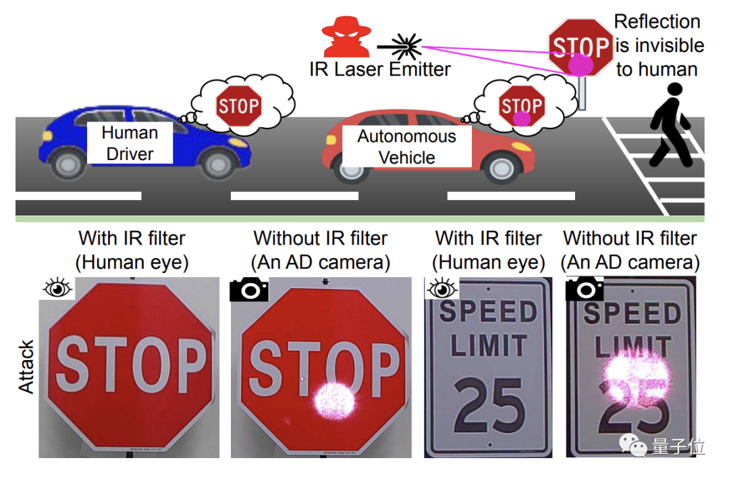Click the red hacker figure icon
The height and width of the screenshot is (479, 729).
point(346,36)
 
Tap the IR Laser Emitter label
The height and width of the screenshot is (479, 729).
point(380,69)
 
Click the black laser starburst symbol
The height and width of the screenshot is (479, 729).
point(406,46)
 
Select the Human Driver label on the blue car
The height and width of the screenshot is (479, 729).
point(130,143)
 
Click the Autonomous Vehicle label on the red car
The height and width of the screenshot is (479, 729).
point(406,147)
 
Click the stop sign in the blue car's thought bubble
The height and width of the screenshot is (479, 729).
point(238,105)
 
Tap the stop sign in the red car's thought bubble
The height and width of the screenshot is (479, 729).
point(521,107)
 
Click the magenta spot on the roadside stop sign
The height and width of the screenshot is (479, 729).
point(580,65)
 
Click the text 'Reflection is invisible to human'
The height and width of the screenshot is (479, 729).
point(658,45)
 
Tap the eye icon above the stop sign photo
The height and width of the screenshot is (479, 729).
point(57,289)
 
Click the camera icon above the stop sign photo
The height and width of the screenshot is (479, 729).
point(249,289)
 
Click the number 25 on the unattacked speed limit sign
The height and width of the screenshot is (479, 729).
point(489,405)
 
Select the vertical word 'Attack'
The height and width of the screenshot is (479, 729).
point(26,368)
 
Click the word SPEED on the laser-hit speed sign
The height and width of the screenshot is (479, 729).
point(632,313)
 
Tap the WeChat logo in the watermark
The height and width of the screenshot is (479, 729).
point(634,445)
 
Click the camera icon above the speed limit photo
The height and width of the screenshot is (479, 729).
point(584,289)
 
